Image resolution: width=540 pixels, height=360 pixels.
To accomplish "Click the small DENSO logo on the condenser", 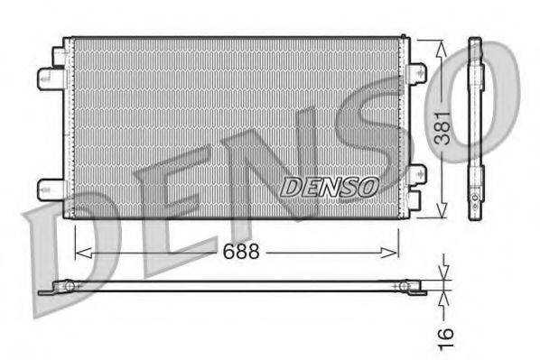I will tap(329, 187).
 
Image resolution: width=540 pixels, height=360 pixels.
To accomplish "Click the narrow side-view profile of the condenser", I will tap(475, 126).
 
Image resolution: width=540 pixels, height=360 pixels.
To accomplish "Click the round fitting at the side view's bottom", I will tap(475, 195).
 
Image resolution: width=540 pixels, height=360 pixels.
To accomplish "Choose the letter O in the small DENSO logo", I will tap(367, 187).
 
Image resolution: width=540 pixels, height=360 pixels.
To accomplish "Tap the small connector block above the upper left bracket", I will tap(58, 53).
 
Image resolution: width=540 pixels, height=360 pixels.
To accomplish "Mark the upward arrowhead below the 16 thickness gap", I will tap(442, 297).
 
